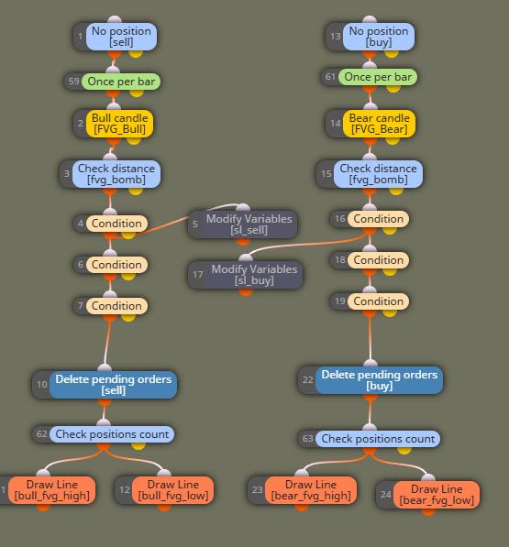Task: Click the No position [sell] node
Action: point(116,37)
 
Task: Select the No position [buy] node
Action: point(370,37)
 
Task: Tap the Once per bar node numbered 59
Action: point(113,82)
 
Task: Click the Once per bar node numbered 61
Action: point(369,77)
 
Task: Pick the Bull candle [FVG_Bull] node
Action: point(114,124)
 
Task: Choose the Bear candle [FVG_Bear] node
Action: point(371,124)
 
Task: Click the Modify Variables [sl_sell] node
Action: point(243,224)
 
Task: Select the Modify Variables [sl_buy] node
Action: point(246,275)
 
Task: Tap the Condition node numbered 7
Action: point(111,306)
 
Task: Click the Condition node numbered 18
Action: point(370,260)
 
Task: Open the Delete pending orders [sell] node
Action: point(105,385)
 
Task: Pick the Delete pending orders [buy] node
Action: point(371,380)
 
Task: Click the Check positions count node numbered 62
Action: point(104,434)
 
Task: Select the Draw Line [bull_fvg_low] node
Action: point(164,490)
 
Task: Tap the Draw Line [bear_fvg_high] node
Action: point(303,490)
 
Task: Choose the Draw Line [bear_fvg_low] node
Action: point(428,495)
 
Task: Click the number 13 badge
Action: point(335,37)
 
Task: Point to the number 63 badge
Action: point(307,439)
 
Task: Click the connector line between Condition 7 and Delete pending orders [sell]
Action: point(107,343)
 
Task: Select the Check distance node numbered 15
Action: point(370,174)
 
